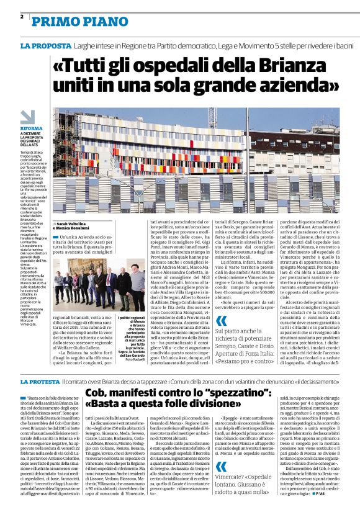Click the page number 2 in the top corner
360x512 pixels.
pos(22,17)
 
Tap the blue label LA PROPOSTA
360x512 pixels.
pos(45,46)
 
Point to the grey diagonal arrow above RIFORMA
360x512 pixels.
pos(28,117)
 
